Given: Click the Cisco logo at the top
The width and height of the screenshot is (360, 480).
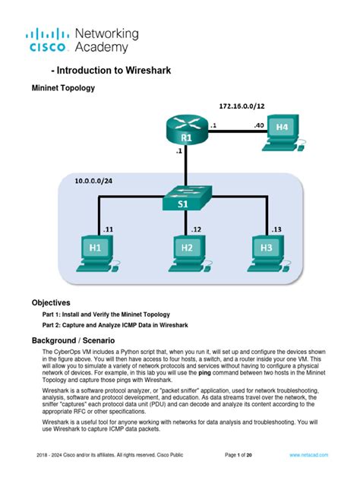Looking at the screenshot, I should pos(49,40).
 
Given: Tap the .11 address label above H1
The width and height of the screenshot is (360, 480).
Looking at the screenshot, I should pos(108,228).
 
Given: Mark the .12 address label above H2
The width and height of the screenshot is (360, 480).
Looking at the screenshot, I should pos(196,228).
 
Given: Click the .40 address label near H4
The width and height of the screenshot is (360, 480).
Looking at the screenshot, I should pos(258,125).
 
